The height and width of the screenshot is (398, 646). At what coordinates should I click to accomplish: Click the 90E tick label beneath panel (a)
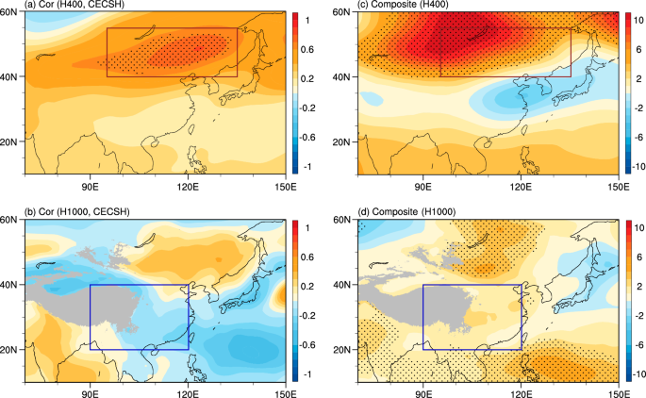click(x=91, y=186)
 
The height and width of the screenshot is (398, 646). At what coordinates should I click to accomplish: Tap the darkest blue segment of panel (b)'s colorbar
click(x=301, y=374)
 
